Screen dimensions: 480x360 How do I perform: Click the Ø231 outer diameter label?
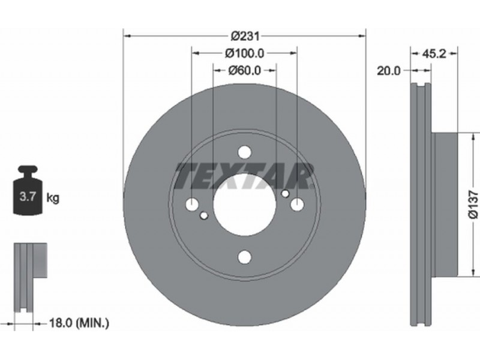pyautogui.click(x=245, y=37)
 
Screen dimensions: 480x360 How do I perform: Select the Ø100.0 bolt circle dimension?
pyautogui.click(x=245, y=53)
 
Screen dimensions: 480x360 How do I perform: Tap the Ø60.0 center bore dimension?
pyautogui.click(x=245, y=71)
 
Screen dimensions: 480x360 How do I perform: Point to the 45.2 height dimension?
pyautogui.click(x=433, y=54)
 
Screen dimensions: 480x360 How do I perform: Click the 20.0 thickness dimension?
pyautogui.click(x=388, y=71)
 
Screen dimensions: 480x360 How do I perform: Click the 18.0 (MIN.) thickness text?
pyautogui.click(x=79, y=323)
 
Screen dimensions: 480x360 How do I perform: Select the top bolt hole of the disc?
pyautogui.click(x=245, y=152)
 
